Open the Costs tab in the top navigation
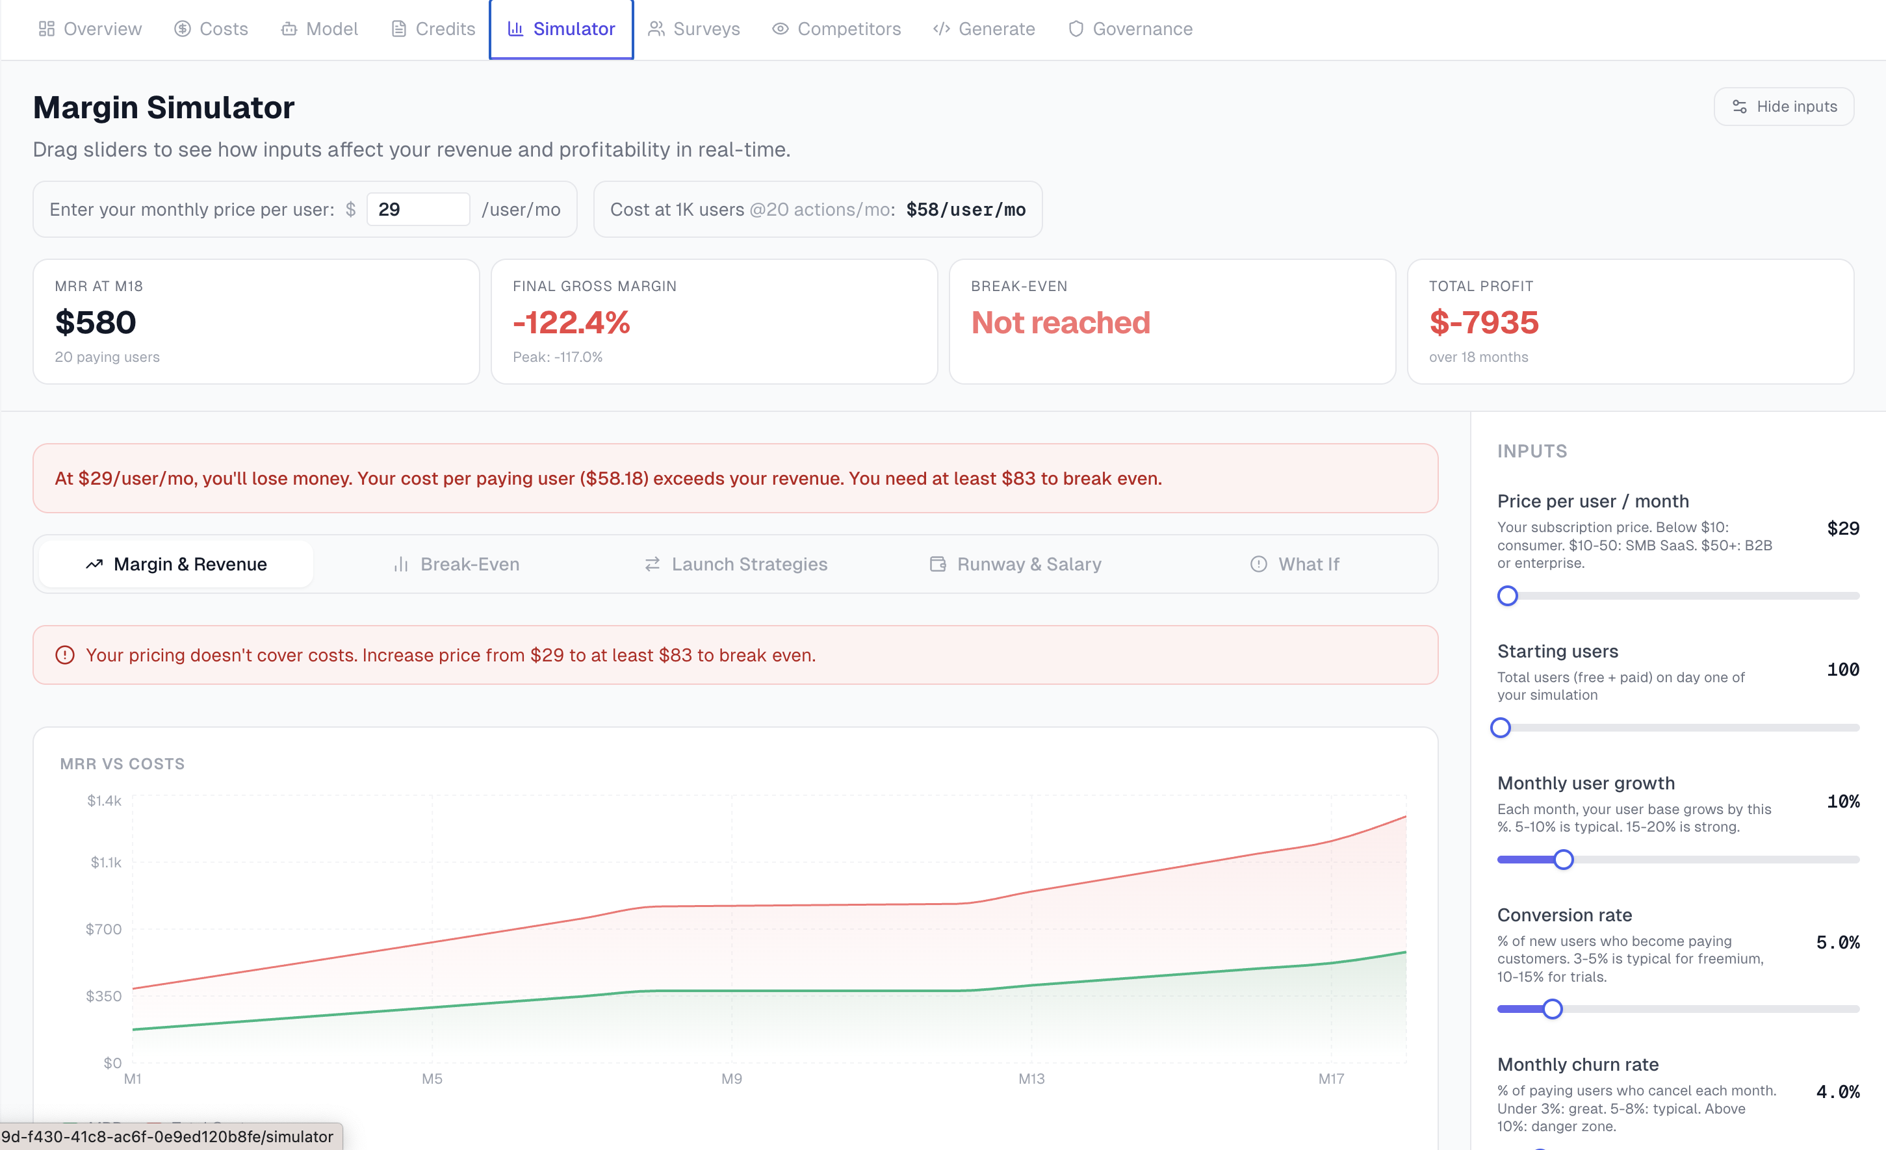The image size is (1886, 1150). point(211,29)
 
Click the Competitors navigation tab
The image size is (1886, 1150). point(836,29)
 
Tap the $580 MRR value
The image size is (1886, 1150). point(96,322)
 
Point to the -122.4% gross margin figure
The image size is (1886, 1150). point(571,322)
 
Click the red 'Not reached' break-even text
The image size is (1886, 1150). point(1060,322)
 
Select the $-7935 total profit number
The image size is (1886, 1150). point(1483,322)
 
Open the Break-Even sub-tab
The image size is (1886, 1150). point(456,564)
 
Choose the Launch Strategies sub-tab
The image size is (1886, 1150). point(736,564)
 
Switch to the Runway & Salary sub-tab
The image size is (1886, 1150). point(1015,564)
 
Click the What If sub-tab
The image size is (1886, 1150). point(1295,564)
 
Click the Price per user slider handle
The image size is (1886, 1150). point(1507,595)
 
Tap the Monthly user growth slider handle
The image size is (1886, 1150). point(1564,859)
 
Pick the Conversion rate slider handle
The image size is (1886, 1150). point(1552,1008)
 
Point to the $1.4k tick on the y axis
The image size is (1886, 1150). point(104,800)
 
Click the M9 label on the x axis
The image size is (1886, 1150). point(732,1078)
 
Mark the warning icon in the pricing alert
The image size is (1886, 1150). point(65,655)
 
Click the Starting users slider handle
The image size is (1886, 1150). point(1500,728)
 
